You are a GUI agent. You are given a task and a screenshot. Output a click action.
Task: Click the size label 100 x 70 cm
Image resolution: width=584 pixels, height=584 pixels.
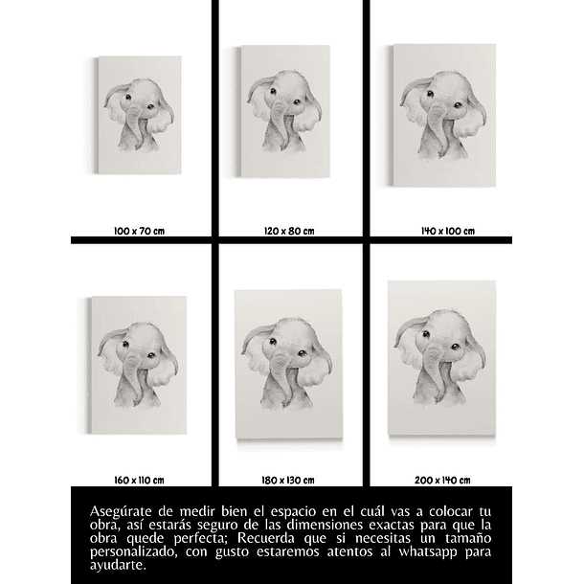tap(139, 231)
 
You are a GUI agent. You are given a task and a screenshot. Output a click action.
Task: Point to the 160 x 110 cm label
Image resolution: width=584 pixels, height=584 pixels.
tap(139, 479)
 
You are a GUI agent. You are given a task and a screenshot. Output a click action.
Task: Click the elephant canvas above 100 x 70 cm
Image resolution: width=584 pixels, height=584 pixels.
tap(140, 117)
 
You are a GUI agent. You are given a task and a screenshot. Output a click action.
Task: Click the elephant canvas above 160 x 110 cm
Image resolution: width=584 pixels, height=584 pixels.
tap(140, 365)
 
